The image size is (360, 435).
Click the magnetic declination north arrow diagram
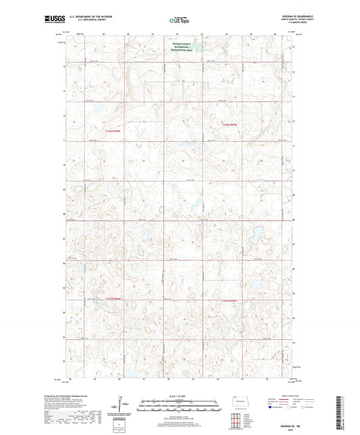pos(122,407)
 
